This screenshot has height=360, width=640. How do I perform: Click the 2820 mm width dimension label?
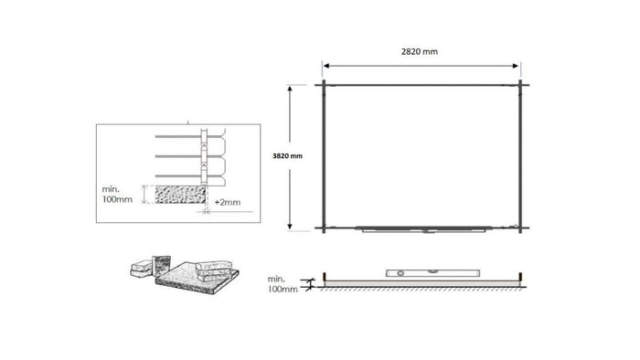[x=418, y=52]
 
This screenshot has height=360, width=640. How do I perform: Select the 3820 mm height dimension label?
[x=286, y=156]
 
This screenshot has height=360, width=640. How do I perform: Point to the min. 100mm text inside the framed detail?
[x=117, y=194]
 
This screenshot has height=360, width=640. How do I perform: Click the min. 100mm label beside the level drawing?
[x=283, y=281]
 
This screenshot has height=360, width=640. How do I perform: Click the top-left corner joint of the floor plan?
[x=322, y=85]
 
